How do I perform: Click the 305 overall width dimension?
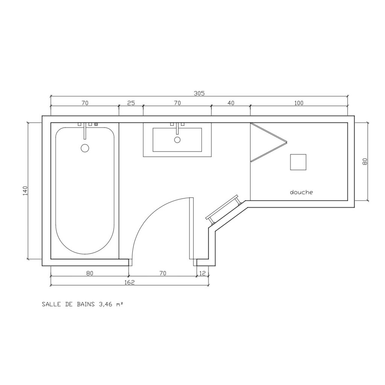tap(199, 93)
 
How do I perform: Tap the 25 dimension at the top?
tap(131, 103)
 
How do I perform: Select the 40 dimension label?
tap(231, 103)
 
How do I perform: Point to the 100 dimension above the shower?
tap(299, 103)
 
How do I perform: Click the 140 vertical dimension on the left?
tap(25, 191)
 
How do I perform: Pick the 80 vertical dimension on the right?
tap(365, 161)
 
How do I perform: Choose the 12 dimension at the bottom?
tap(202, 273)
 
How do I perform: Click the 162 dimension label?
tap(129, 282)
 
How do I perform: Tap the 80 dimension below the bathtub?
tap(89, 273)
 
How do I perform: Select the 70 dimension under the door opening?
tap(162, 273)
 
